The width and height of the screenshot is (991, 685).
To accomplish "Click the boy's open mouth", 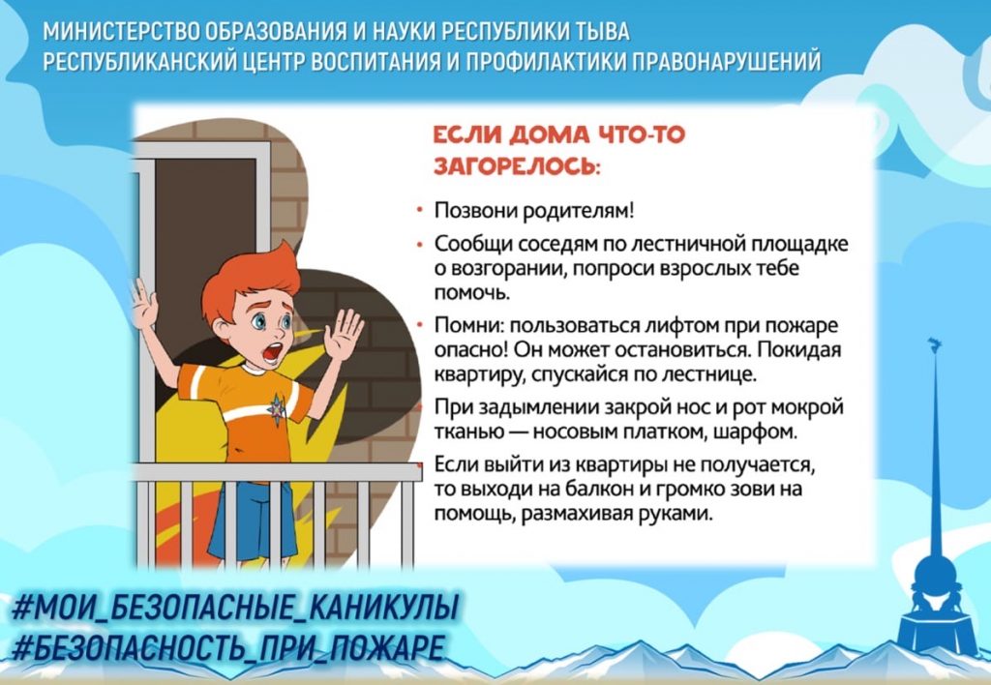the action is tap(272, 352).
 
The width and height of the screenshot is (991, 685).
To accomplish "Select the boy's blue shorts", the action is tap(253, 520).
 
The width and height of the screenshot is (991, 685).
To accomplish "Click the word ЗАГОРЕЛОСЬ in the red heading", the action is tap(517, 165).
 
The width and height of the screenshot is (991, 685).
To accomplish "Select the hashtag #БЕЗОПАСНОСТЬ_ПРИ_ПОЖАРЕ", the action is tap(227, 647).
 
